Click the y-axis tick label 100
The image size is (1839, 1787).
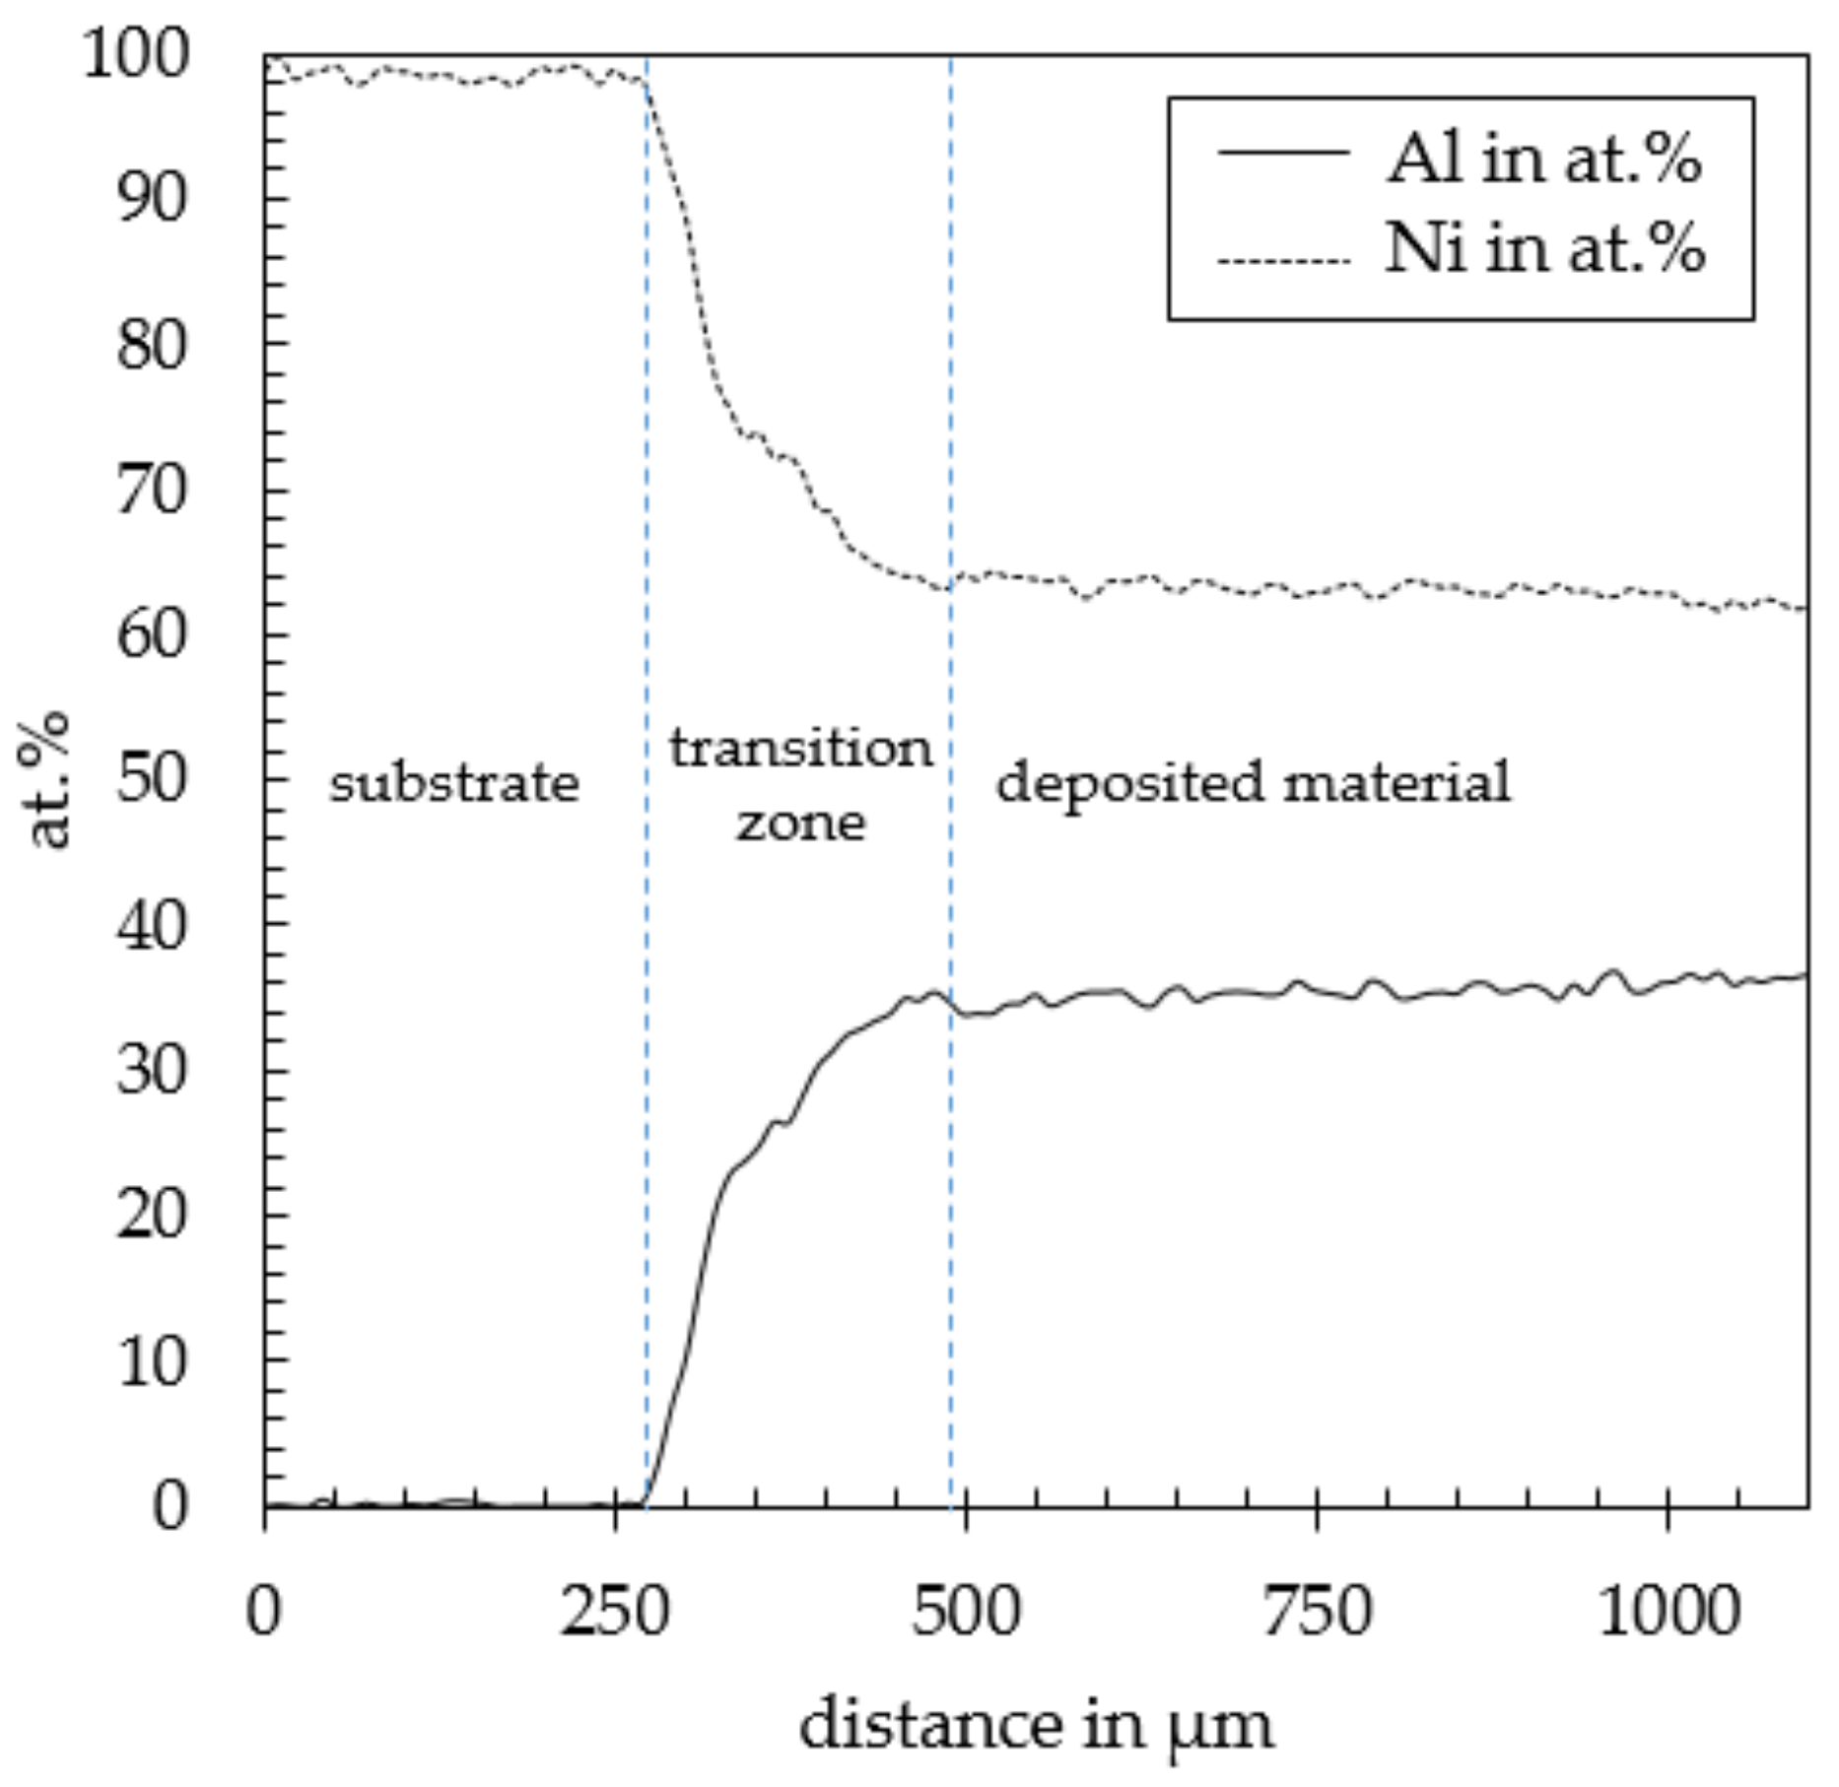[134, 54]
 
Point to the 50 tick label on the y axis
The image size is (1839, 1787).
[151, 779]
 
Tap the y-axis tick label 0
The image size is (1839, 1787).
[169, 1505]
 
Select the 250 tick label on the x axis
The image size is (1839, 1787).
[615, 1613]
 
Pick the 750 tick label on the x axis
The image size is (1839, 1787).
[1317, 1613]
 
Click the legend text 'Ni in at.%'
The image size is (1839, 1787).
[1543, 248]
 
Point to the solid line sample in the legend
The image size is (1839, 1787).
[1282, 152]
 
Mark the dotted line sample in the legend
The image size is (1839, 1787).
[1282, 261]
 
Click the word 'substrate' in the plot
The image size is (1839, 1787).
[453, 784]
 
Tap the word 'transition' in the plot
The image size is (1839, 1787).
[800, 749]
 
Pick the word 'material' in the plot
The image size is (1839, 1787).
[1396, 783]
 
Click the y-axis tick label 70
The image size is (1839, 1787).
[151, 490]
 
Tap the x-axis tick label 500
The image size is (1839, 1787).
[966, 1613]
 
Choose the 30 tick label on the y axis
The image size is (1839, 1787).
[151, 1070]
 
